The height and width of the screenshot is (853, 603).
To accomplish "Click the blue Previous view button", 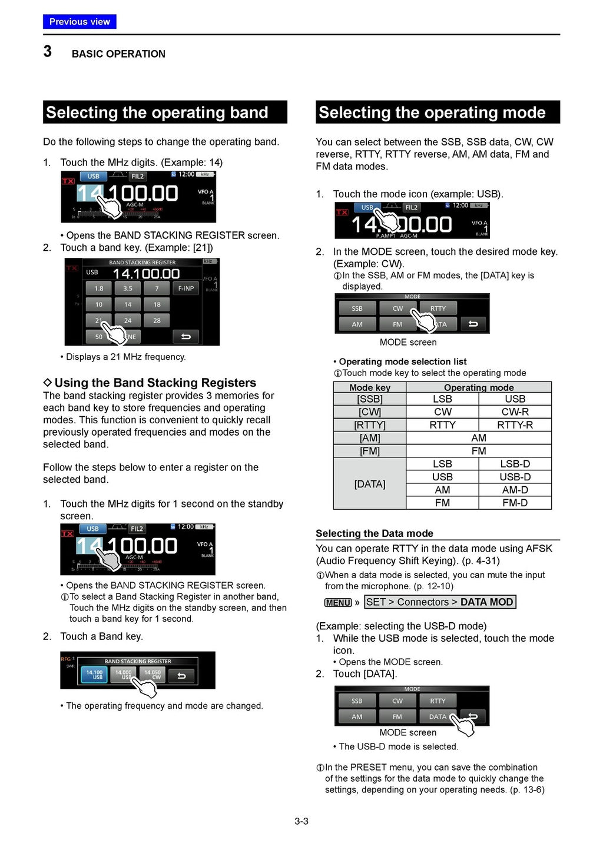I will pyautogui.click(x=79, y=22).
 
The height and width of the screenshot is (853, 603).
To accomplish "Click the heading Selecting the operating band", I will pyautogui.click(x=157, y=112).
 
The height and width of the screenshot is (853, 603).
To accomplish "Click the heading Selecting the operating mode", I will pyautogui.click(x=432, y=112).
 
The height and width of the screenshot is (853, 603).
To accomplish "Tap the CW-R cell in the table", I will pyautogui.click(x=515, y=412).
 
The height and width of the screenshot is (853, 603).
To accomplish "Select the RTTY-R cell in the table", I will pyautogui.click(x=515, y=425).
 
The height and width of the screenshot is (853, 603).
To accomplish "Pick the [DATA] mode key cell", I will pyautogui.click(x=370, y=484).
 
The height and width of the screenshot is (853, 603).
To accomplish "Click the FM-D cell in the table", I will pyautogui.click(x=515, y=503).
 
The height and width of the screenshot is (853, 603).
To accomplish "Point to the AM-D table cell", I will pyautogui.click(x=515, y=490).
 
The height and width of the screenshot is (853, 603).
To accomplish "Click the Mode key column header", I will pyautogui.click(x=370, y=387).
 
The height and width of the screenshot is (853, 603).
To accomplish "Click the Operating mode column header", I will pyautogui.click(x=479, y=387).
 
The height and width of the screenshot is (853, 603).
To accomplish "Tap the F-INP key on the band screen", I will pyautogui.click(x=186, y=288).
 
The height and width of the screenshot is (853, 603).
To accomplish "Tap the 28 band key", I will pyautogui.click(x=157, y=321).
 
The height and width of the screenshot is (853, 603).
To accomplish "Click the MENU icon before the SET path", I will pyautogui.click(x=338, y=602).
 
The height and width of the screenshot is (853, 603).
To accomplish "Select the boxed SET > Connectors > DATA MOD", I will pyautogui.click(x=440, y=602).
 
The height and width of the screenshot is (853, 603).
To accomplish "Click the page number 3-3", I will pyautogui.click(x=301, y=821).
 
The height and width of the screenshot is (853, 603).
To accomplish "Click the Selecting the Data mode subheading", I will pyautogui.click(x=375, y=533).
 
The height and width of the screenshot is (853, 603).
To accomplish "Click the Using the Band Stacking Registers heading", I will pyautogui.click(x=155, y=383).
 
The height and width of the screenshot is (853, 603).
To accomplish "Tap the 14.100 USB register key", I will pyautogui.click(x=94, y=675).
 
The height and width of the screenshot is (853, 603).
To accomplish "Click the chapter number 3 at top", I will pyautogui.click(x=48, y=52).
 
